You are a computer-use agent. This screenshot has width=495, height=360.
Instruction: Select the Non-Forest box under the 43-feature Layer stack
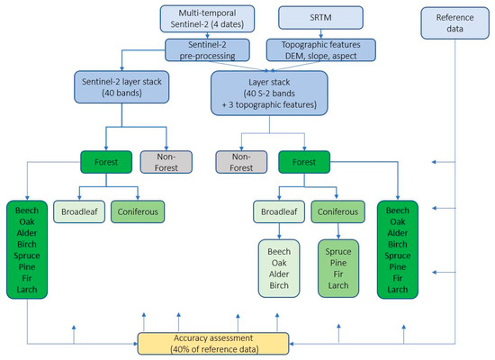tap(239, 162)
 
